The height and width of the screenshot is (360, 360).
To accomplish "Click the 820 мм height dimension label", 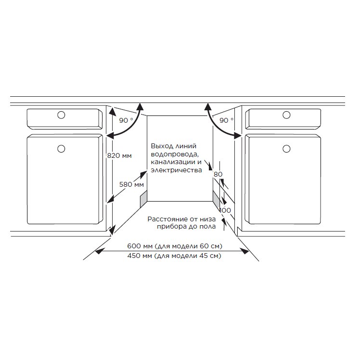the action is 119,155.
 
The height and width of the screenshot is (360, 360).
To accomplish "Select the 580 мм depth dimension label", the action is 131,184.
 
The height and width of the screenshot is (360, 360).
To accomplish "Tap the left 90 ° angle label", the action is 126,120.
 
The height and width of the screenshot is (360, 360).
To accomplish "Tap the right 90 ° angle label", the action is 226,120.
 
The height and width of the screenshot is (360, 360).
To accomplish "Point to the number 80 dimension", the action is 218,174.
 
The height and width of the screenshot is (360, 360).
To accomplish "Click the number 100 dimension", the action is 225,210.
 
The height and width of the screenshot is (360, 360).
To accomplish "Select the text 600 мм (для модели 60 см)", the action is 175,246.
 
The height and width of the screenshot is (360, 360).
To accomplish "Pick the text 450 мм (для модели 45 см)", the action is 174,256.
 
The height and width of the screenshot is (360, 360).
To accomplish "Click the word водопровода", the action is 175,154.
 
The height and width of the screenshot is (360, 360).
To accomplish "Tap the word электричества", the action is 176,170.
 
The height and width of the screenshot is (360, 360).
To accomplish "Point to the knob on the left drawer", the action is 61,115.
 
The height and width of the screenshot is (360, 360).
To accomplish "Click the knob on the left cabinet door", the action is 61,149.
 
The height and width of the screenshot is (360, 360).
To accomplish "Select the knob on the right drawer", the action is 286,115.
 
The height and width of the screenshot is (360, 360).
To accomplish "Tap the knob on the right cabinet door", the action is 286,149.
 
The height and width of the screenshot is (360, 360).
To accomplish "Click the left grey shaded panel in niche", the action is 144,199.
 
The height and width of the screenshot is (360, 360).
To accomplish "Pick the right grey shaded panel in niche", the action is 217,200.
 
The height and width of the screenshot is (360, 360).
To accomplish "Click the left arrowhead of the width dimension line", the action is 99,251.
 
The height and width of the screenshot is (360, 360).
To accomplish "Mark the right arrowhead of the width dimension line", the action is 245,251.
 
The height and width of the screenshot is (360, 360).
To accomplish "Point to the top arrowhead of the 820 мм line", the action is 112,111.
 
